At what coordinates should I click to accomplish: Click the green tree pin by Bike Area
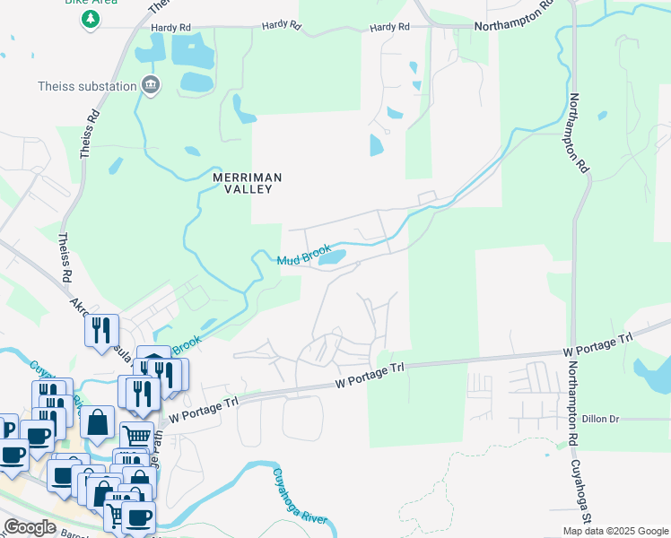click(89, 19)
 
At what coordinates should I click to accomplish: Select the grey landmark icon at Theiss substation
click(150, 86)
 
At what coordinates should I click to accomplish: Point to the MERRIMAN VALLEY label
click(247, 184)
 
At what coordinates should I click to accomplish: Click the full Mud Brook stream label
click(304, 255)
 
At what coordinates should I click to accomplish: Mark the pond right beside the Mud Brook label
click(332, 257)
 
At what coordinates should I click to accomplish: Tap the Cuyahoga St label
click(584, 492)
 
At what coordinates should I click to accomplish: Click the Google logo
click(30, 527)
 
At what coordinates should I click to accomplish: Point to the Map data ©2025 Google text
click(614, 531)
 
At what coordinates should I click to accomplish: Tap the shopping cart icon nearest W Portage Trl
click(135, 437)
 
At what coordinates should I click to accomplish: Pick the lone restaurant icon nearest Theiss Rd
click(101, 330)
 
